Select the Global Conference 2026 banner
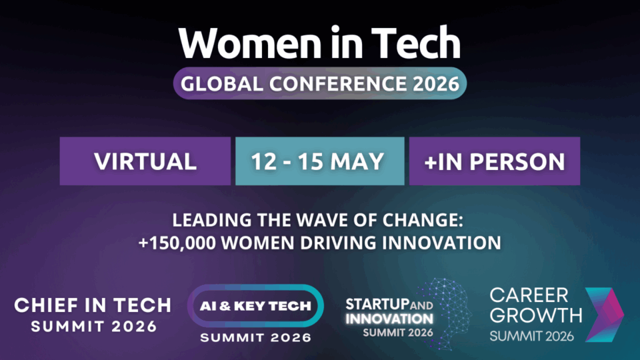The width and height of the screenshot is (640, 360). tap(320, 83)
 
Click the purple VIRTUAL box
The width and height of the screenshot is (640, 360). tap(145, 161)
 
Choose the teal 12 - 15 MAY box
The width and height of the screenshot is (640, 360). tap(319, 161)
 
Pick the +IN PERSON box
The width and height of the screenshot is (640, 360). tap(494, 161)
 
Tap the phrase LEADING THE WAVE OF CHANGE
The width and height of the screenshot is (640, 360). tap(320, 222)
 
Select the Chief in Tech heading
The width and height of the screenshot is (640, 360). tap(92, 305)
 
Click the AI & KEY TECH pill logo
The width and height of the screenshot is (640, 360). tap(256, 306)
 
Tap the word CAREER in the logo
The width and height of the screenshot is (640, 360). tap(521, 295)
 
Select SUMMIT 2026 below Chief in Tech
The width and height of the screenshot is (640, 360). tap(92, 326)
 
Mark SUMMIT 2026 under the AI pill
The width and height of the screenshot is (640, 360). tap(256, 338)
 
